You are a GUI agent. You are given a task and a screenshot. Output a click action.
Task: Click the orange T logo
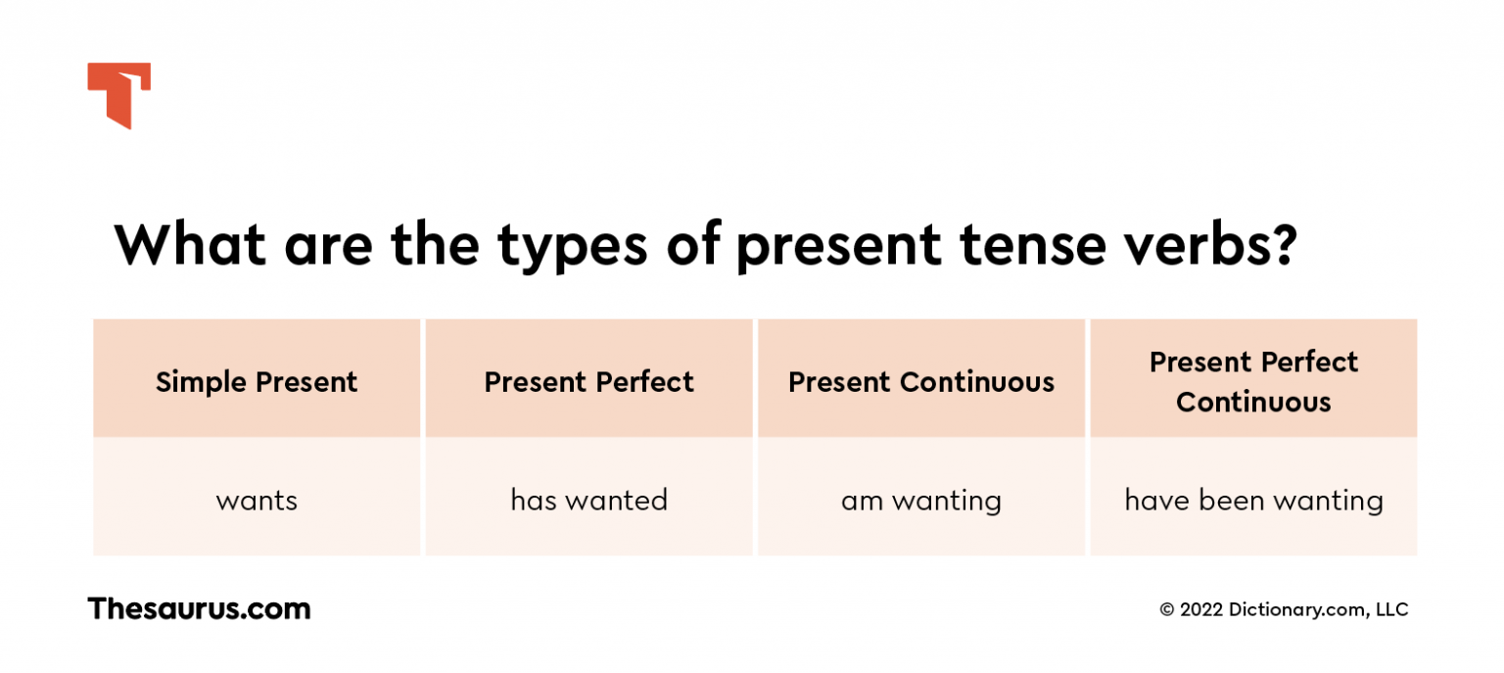point(118,95)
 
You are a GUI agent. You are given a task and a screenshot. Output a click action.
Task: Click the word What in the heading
point(189,245)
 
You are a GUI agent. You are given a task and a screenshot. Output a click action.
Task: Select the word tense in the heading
point(1033,245)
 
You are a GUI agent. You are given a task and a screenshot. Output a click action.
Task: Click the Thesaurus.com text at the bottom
point(200,608)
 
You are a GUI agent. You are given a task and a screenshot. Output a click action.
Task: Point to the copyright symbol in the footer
point(1167,609)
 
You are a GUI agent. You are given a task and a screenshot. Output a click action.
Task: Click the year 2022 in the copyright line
point(1201,609)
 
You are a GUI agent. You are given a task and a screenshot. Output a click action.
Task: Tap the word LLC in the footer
point(1391,609)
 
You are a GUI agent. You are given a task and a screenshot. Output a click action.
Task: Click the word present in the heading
point(838,249)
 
